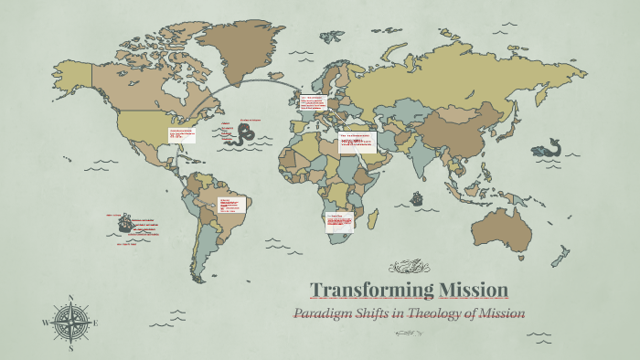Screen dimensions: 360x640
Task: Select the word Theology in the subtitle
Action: coord(429,314)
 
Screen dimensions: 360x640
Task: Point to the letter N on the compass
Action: coord(70,298)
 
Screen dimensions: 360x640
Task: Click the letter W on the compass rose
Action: coord(46,323)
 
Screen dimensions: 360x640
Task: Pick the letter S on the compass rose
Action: coord(70,347)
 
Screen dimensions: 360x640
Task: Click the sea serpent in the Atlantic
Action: coord(243,136)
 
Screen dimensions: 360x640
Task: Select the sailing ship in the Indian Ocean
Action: coord(417,196)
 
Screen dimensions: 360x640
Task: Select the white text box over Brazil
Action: coord(229,202)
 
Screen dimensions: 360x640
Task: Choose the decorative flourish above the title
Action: coord(408,268)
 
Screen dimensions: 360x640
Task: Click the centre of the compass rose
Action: coord(70,323)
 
